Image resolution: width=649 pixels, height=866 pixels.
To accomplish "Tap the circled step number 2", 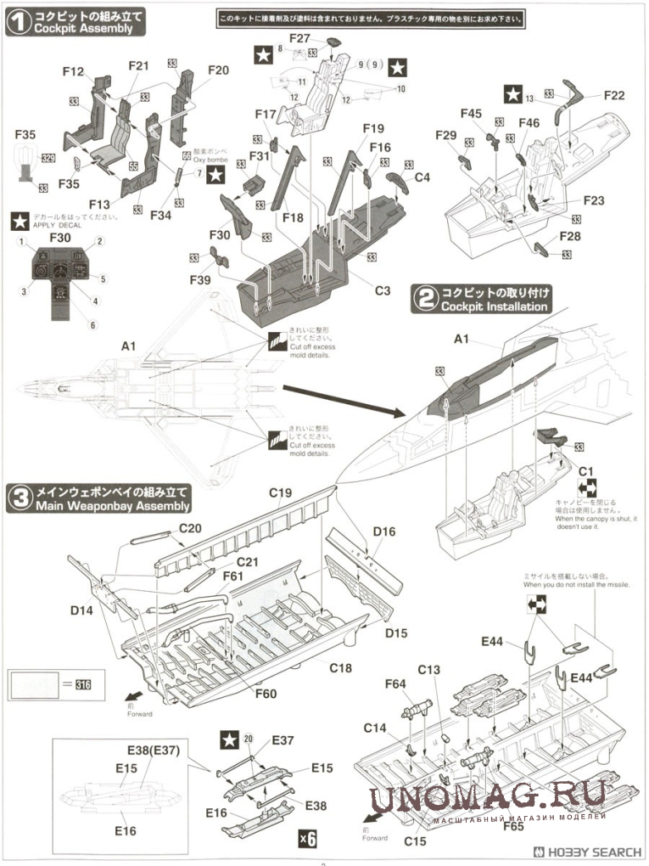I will click(424, 298).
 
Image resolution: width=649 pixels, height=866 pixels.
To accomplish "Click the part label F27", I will click(299, 38).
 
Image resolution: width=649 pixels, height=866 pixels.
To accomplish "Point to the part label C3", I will click(382, 290).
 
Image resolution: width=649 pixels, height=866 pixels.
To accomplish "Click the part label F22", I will click(614, 95).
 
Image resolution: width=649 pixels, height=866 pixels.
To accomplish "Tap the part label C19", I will click(280, 492).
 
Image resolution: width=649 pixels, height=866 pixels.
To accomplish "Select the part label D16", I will click(384, 532).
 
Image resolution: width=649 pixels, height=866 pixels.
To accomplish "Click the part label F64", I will click(395, 683).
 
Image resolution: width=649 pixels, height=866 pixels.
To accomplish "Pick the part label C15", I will click(415, 841).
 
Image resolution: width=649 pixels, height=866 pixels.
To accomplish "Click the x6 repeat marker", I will click(307, 839).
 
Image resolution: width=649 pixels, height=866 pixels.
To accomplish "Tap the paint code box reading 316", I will click(82, 685).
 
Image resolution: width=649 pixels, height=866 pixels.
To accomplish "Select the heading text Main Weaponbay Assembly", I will click(112, 507).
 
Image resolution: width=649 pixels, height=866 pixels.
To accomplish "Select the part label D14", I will click(82, 610).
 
